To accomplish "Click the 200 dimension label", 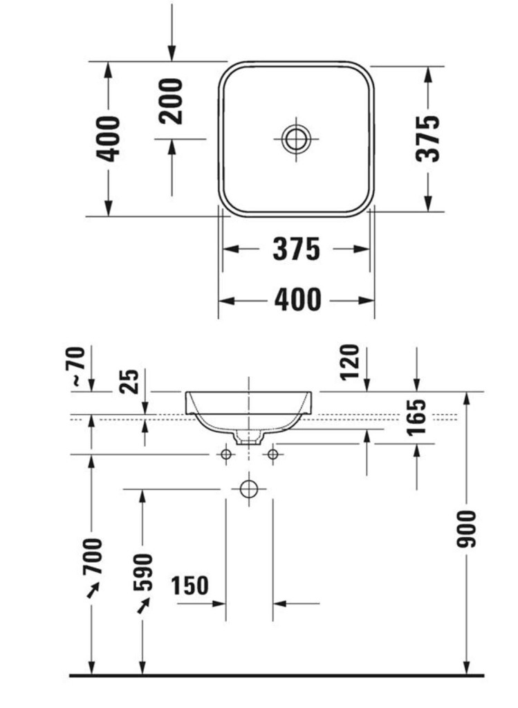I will pos(172,101).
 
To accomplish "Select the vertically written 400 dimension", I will pos(109,139).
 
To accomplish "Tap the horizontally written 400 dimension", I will pos(297,300).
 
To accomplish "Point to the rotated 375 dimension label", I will pos(428,138).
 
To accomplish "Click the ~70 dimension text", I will pos(77,366).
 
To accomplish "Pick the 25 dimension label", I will pos(129,381).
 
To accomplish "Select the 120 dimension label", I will pos(350,362).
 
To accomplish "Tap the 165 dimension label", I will pos(416,417).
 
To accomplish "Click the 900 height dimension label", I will pos(467,529).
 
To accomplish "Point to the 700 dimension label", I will pos(92,556).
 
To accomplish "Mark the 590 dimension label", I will pos(143,572).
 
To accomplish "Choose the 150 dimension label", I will pos(189,586).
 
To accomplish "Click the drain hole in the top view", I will pos(296,139).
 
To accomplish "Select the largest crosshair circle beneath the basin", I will pos(249,489).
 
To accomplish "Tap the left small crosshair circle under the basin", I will pos(225,454).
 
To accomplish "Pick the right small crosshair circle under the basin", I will pos(272,454).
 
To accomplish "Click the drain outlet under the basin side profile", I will pos(248,436).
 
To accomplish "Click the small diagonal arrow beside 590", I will pos(143,606).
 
